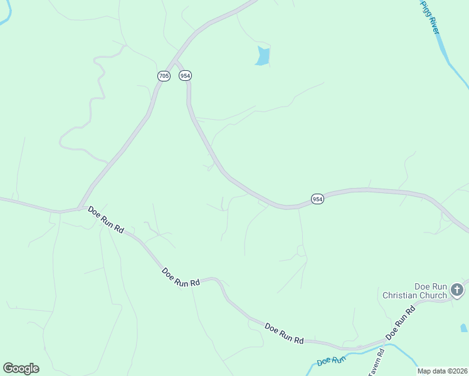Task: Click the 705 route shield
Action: point(164,76)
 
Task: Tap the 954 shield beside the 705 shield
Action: point(185,75)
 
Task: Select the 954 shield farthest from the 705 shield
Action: point(318,199)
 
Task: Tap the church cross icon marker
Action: point(457,290)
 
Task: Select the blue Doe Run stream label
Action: point(332,361)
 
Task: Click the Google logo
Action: point(21,368)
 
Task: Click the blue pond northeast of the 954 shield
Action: point(263,56)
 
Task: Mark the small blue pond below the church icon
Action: point(463,328)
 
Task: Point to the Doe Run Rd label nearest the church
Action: point(401,323)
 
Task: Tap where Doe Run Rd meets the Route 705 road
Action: point(79,209)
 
